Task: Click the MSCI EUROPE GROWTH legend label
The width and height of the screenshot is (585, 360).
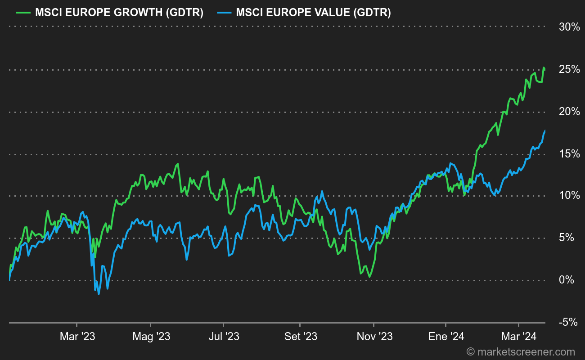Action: (x=119, y=13)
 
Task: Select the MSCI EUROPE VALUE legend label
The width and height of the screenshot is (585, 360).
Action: (x=313, y=13)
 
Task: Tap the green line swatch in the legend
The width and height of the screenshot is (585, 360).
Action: (x=22, y=13)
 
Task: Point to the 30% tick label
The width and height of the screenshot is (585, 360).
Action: (x=569, y=27)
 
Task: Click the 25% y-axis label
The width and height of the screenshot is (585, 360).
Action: (x=569, y=69)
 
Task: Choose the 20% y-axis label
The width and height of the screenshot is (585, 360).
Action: (x=569, y=112)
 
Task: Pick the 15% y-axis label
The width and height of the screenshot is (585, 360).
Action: (x=569, y=154)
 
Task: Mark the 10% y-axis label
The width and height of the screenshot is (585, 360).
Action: (x=569, y=195)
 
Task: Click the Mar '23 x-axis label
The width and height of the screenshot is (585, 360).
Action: (x=77, y=337)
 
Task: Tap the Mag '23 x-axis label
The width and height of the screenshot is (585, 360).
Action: (x=151, y=337)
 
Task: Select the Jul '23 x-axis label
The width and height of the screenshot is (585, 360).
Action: (x=224, y=337)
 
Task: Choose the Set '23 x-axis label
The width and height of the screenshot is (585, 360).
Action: (x=300, y=337)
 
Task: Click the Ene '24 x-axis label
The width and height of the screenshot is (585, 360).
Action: (x=445, y=337)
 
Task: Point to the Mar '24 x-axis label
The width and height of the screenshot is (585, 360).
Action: (x=519, y=337)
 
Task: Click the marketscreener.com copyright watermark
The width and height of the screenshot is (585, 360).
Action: (x=521, y=352)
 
